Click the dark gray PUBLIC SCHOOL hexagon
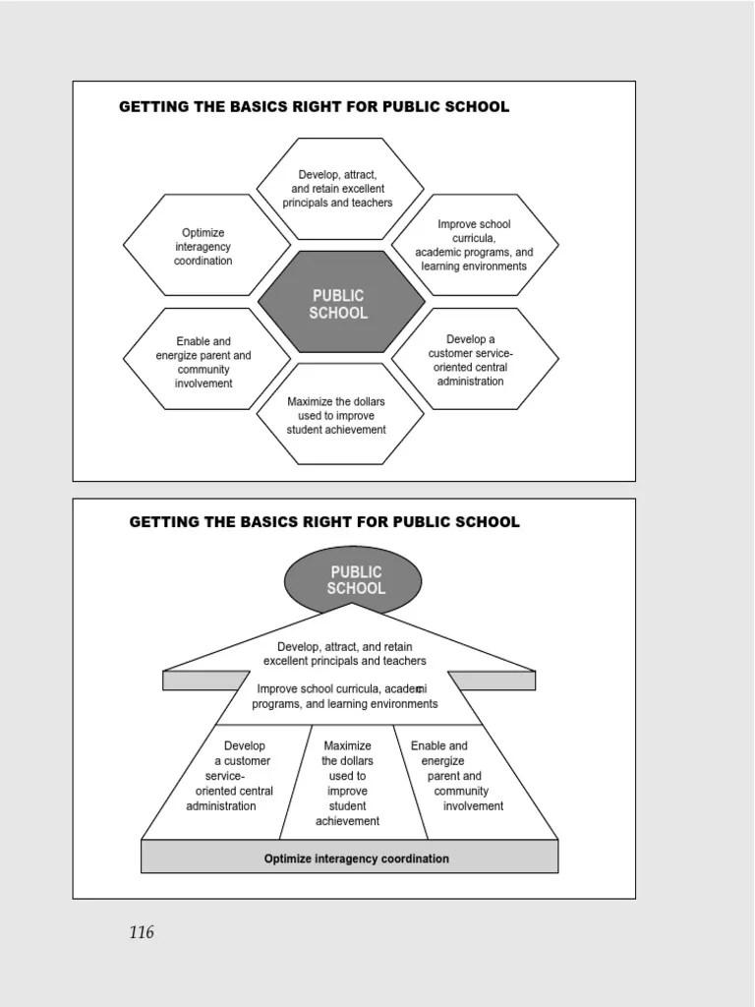pyautogui.click(x=340, y=304)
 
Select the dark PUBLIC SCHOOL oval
pyautogui.click(x=353, y=580)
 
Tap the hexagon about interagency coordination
pyautogui.click(x=204, y=246)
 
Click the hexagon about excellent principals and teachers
pyautogui.click(x=338, y=188)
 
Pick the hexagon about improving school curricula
pyautogui.click(x=475, y=245)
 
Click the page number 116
pyautogui.click(x=142, y=932)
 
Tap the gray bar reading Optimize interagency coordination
pyautogui.click(x=356, y=859)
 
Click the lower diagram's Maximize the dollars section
pyautogui.click(x=347, y=784)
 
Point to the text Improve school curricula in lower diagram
pyautogui.click(x=344, y=696)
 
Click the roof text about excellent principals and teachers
pyautogui.click(x=344, y=654)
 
